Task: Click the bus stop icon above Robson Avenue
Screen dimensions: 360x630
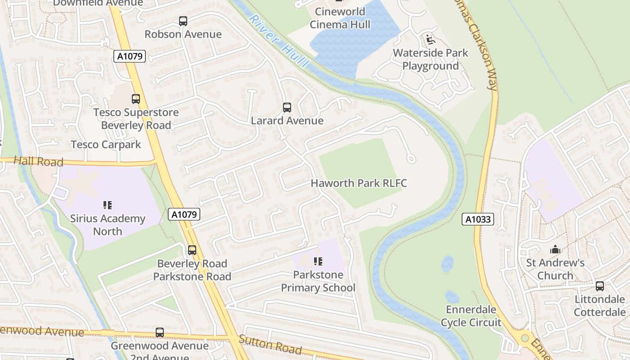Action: pos(183,21)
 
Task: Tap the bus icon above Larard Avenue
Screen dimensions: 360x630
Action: pos(287,108)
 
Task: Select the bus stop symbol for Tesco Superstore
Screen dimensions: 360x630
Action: pos(136,99)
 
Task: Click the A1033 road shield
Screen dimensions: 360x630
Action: pos(478,220)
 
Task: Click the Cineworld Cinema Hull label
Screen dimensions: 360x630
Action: pos(340,18)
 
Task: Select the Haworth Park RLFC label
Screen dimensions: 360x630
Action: pos(359,183)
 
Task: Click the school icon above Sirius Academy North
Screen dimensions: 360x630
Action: pos(108,205)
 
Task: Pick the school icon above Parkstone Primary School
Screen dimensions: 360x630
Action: pos(318,261)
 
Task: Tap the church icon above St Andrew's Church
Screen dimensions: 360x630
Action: pos(555,249)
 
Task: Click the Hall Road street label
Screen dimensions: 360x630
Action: pos(38,161)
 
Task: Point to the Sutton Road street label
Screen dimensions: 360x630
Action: pos(270,344)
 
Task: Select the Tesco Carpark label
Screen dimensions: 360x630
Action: pos(106,144)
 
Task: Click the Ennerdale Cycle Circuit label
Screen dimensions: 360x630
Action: pos(471,316)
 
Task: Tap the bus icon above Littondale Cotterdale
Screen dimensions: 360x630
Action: pos(600,286)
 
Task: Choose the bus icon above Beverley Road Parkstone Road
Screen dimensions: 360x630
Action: pos(192,250)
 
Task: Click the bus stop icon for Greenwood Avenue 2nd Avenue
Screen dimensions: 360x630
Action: pos(160,333)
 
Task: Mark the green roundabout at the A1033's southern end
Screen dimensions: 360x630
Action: pos(525,337)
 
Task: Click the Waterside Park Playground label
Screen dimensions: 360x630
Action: pos(430,59)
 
